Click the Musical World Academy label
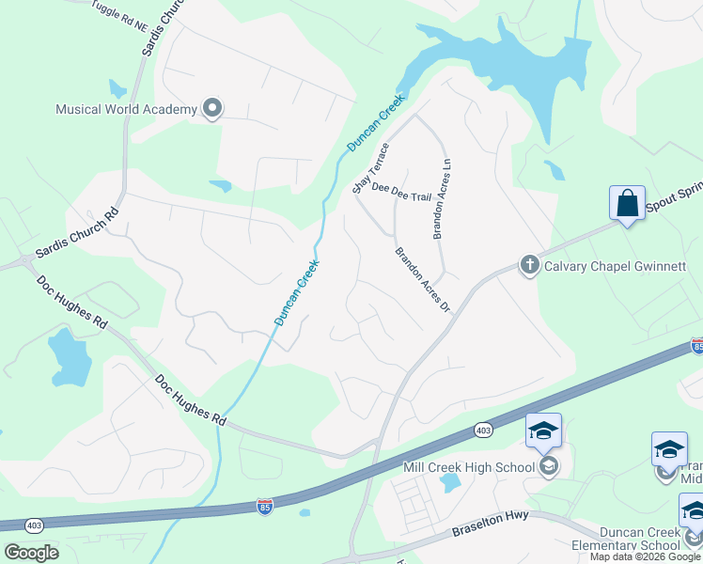[126, 109]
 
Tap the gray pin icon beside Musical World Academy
[212, 109]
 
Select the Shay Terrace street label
[370, 170]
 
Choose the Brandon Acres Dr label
[423, 280]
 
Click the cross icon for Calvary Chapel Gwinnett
[529, 266]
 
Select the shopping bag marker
[627, 203]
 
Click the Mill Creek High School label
[468, 467]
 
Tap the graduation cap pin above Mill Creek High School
[543, 431]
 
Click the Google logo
[31, 552]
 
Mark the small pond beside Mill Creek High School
[450, 483]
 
